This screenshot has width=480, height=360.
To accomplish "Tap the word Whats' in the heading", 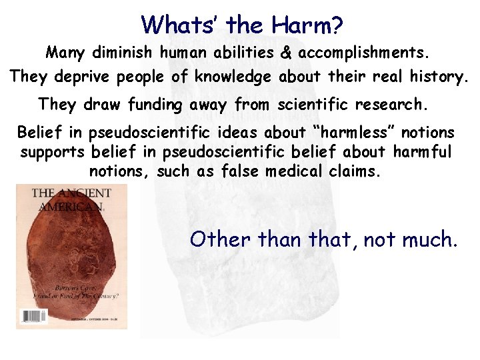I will [x=180, y=25].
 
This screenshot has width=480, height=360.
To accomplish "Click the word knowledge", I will [x=233, y=77].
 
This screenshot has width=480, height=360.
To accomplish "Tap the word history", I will [x=437, y=77].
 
